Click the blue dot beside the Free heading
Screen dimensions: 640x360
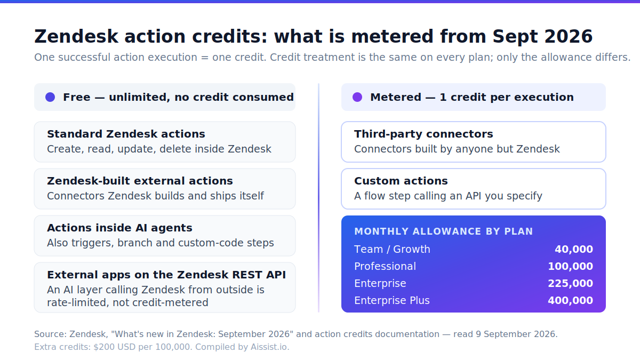tap(50, 97)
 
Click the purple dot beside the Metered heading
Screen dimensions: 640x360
tap(357, 97)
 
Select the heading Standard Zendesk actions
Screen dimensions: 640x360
tap(126, 134)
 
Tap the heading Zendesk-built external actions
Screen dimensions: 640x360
tap(140, 181)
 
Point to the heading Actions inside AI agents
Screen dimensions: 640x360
tap(119, 228)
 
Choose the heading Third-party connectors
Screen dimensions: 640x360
tap(423, 134)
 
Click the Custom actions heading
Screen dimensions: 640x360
tap(401, 181)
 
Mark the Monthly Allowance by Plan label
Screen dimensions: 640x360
tap(443, 231)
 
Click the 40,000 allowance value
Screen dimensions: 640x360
tap(574, 249)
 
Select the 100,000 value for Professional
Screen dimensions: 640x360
tap(570, 266)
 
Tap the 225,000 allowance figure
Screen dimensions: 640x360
tap(570, 283)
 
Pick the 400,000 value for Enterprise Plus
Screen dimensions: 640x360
tap(570, 301)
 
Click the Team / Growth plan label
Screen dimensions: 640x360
tap(392, 249)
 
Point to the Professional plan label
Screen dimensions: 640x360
tap(385, 266)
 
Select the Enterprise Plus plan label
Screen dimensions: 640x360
tap(391, 301)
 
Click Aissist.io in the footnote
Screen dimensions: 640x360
tap(270, 347)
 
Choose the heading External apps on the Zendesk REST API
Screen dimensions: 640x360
tap(166, 275)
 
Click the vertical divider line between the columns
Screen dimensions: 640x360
tap(318, 198)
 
